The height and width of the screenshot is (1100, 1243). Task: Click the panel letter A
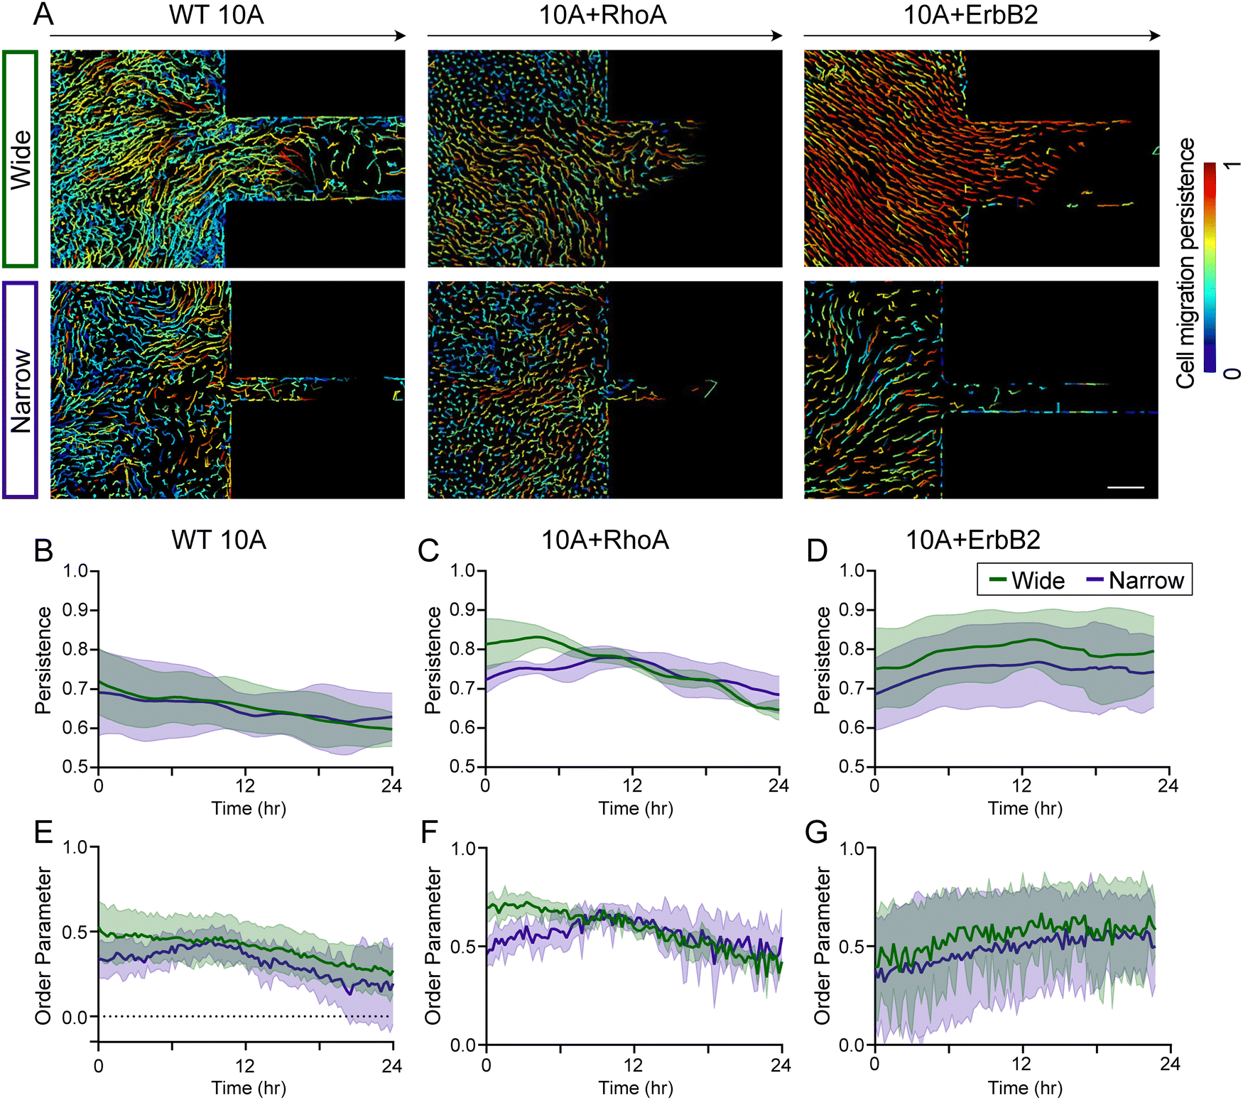43,14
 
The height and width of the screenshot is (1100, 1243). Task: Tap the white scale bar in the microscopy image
1126,487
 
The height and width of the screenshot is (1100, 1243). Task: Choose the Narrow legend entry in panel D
1135,580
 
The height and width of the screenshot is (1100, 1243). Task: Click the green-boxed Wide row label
20,159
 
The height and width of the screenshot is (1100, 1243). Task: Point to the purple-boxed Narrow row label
20,391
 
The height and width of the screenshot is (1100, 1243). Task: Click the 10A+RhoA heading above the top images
603,14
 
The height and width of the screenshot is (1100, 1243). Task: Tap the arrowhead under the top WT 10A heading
400,36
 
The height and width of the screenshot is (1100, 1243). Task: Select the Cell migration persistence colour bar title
1185,263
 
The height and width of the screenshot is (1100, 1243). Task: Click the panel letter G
817,832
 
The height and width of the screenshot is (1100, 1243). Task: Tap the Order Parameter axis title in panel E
43,945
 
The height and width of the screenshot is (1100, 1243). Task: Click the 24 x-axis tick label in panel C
779,785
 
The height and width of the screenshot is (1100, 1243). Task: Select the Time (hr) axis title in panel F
636,1087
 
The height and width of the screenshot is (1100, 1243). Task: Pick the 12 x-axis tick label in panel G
1021,1064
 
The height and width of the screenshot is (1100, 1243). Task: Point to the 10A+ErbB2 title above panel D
973,540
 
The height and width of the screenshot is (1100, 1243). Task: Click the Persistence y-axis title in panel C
432,660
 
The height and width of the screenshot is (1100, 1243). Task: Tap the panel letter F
429,832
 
